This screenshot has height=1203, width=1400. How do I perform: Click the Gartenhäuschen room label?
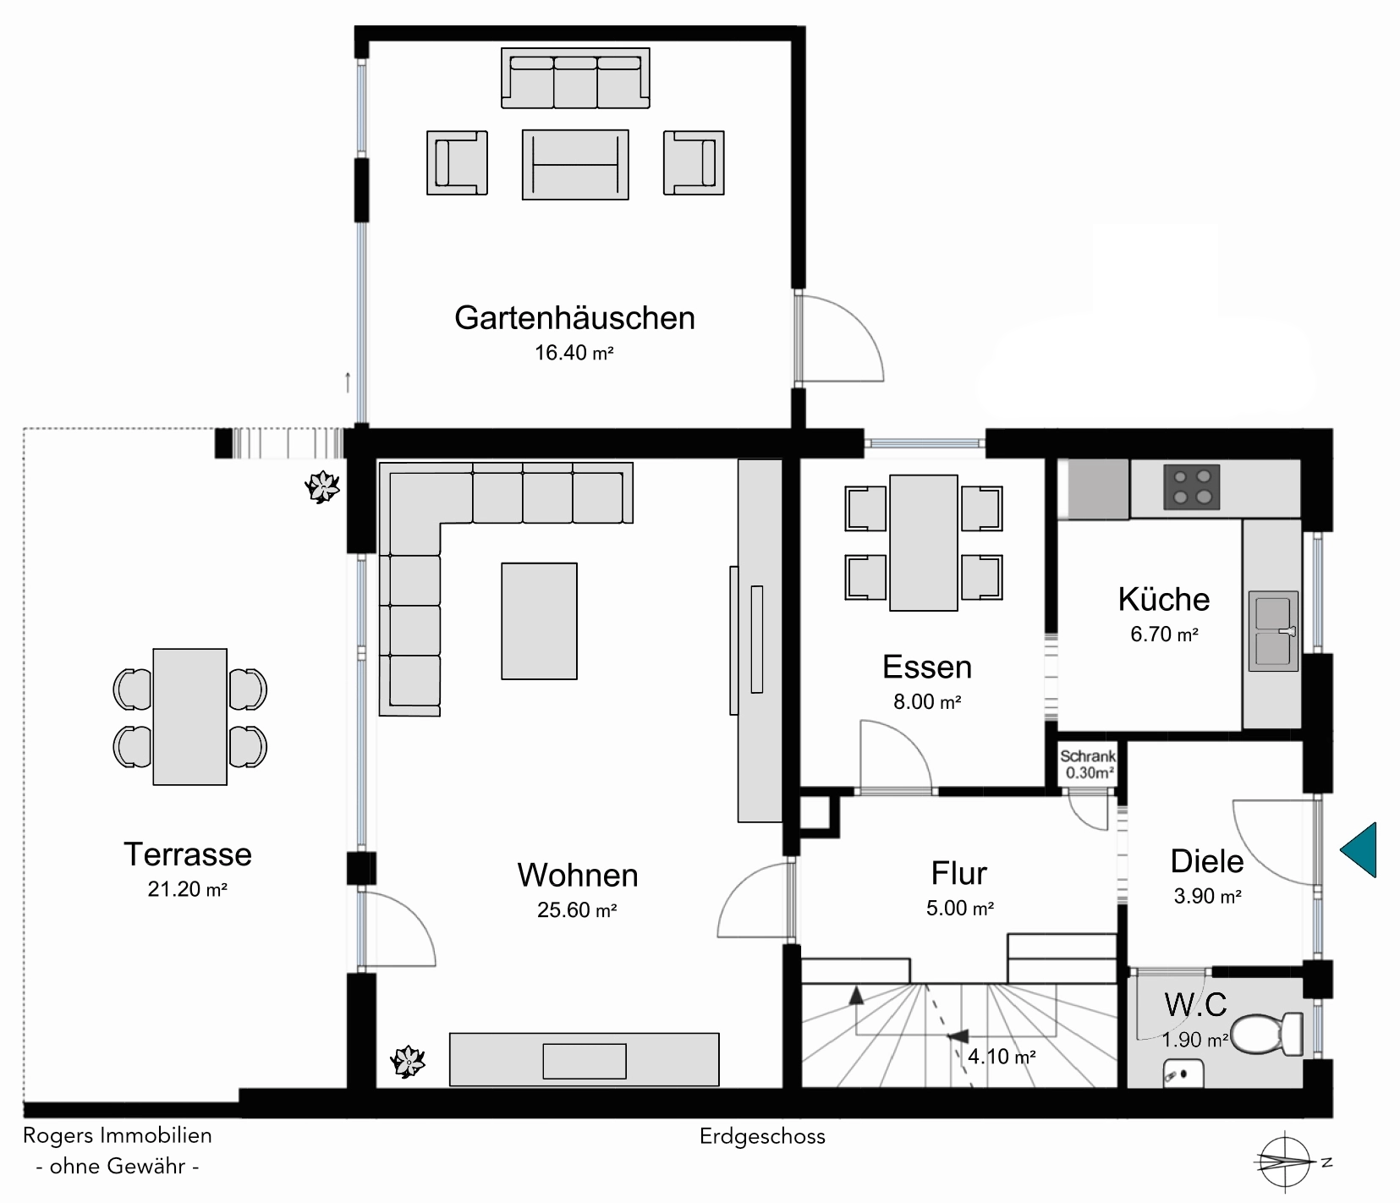(x=574, y=318)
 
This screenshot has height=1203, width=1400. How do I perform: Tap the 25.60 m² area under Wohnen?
(x=576, y=910)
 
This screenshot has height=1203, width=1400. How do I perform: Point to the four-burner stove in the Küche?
(x=1192, y=486)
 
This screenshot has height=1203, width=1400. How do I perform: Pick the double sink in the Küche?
(x=1273, y=631)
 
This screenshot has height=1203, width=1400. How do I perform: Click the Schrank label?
(x=1088, y=756)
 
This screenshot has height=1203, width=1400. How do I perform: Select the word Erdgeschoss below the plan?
(x=762, y=1136)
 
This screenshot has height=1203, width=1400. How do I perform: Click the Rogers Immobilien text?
(x=118, y=1135)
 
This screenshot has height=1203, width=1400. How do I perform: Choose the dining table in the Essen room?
(x=924, y=542)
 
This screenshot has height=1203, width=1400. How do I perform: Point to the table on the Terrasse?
(x=190, y=717)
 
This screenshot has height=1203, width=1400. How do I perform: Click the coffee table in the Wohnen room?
(x=539, y=621)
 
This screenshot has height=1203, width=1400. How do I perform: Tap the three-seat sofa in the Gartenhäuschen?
(x=576, y=79)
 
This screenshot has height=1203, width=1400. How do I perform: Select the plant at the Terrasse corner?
(x=322, y=486)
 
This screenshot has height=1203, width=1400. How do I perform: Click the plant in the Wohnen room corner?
(x=408, y=1061)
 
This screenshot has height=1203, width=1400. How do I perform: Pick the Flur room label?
(x=959, y=873)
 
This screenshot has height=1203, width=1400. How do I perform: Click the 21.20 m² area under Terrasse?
(x=188, y=889)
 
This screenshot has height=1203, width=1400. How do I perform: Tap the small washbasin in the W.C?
(x=1183, y=1072)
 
